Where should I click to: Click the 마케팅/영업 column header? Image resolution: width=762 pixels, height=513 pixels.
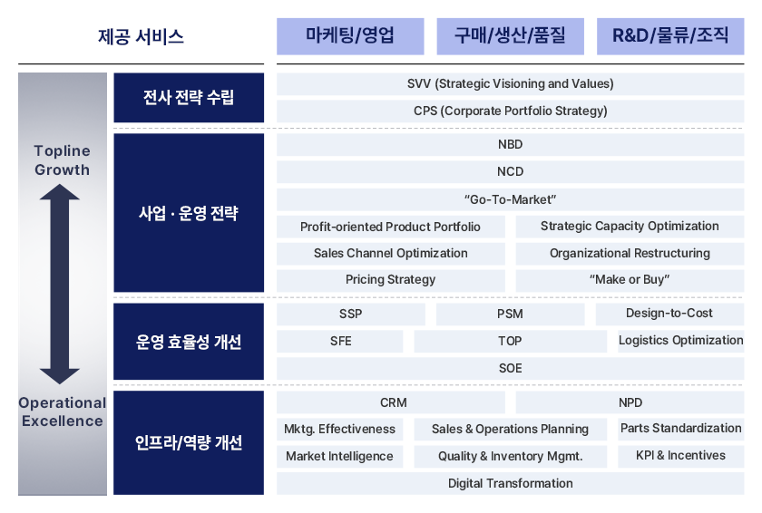[350, 36]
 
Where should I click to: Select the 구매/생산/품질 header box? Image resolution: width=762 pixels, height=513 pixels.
[510, 36]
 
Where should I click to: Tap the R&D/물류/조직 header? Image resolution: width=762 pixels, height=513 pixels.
[670, 36]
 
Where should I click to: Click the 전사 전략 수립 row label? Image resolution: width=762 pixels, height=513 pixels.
[189, 98]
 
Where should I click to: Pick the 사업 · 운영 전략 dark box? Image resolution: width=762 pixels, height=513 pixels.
[189, 213]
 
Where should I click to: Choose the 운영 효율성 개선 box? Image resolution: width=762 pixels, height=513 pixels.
[189, 341]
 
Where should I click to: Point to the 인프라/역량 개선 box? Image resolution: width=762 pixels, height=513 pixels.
[189, 442]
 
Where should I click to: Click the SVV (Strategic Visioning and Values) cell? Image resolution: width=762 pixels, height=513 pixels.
[510, 84]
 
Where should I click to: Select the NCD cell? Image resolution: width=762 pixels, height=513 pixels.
[510, 172]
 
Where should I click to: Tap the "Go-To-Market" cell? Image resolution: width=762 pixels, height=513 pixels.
[510, 199]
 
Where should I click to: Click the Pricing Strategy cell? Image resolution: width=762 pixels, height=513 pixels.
[391, 280]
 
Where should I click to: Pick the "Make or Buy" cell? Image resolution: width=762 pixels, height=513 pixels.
[630, 280]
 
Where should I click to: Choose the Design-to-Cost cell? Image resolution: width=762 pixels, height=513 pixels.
[669, 314]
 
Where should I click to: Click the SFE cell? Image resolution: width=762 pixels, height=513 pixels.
[339, 341]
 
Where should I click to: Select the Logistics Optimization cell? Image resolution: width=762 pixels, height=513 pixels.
[681, 341]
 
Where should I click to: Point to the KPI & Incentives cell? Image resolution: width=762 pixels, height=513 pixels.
[681, 456]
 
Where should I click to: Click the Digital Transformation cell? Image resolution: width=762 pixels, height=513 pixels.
[510, 483]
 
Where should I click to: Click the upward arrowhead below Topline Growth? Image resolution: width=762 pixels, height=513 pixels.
[60, 192]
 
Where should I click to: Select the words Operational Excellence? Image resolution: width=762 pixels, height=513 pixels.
[63, 411]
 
